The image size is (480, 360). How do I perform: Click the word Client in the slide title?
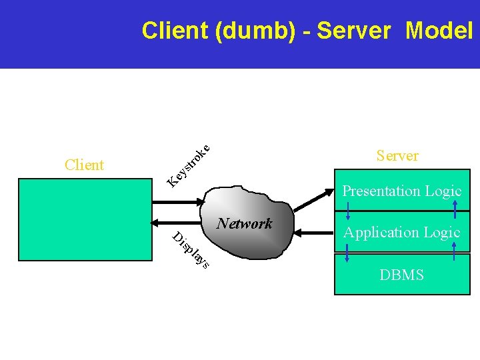tap(175, 31)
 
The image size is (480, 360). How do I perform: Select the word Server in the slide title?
tap(353, 31)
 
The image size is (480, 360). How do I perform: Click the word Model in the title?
tap(439, 31)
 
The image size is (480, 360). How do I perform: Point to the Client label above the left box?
tap(84, 165)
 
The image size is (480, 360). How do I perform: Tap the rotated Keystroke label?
tap(189, 164)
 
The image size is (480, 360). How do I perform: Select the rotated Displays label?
tap(191, 250)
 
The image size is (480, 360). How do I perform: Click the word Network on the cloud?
tap(245, 223)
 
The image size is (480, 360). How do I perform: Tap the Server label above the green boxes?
tap(397, 155)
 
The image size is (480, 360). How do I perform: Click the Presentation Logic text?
tap(401, 191)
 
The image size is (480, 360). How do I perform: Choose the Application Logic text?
tap(401, 232)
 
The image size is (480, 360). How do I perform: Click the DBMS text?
tap(401, 275)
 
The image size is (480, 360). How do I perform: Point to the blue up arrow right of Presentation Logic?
tap(455, 210)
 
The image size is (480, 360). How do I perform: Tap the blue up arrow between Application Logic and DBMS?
tap(455, 253)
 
